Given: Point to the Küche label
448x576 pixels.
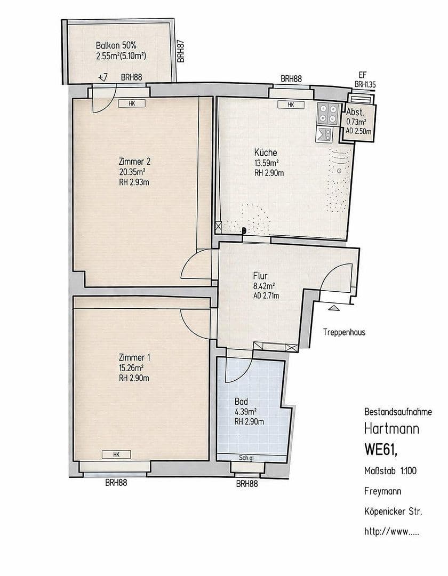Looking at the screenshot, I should pyautogui.click(x=265, y=153).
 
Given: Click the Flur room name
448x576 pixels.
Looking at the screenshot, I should pyautogui.click(x=260, y=276).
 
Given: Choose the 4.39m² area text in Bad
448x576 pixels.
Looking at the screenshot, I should pyautogui.click(x=246, y=411).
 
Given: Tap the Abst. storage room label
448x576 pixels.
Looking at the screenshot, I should pyautogui.click(x=355, y=113).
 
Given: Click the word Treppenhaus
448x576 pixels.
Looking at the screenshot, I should pyautogui.click(x=344, y=332).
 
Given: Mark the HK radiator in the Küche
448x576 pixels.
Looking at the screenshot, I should pyautogui.click(x=291, y=105).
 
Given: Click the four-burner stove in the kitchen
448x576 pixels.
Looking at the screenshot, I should pyautogui.click(x=327, y=113).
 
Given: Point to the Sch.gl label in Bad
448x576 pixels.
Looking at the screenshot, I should pyautogui.click(x=246, y=457).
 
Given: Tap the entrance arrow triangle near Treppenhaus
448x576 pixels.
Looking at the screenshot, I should pyautogui.click(x=333, y=307).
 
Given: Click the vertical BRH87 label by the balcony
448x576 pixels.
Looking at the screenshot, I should pyautogui.click(x=181, y=52).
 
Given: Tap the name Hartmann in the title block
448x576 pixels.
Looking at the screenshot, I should pyautogui.click(x=391, y=428).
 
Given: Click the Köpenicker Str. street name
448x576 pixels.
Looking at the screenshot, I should pyautogui.click(x=393, y=512).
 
